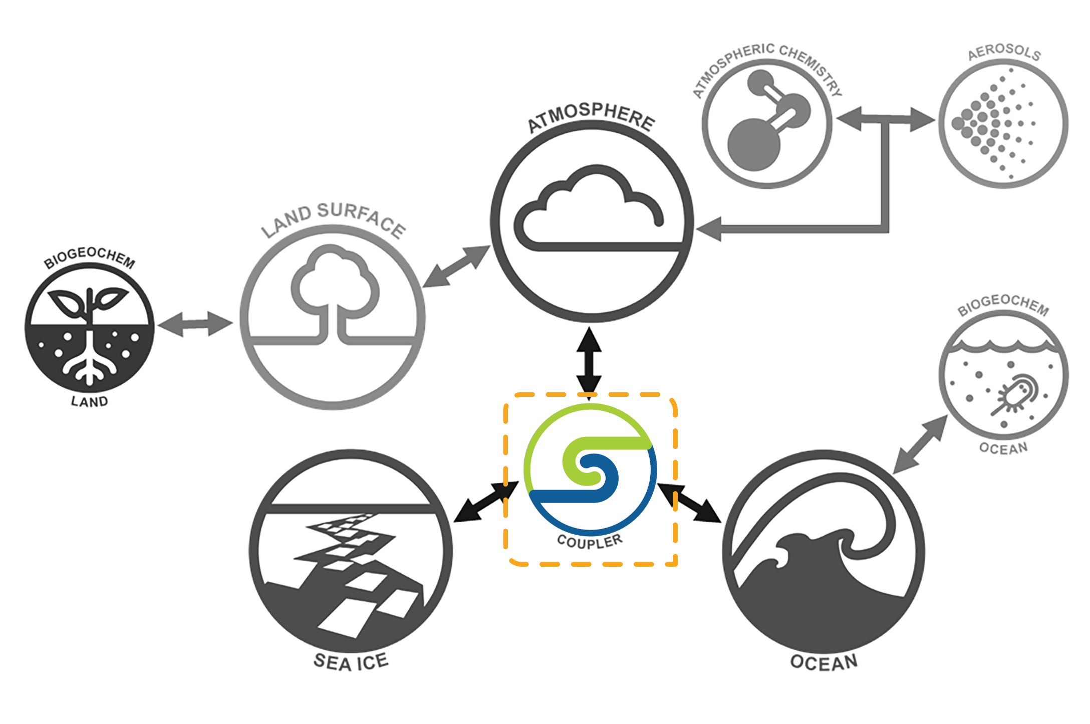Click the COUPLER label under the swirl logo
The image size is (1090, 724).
click(x=590, y=542)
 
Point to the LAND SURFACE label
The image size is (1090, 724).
click(x=334, y=217)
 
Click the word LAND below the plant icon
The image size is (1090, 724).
click(x=89, y=402)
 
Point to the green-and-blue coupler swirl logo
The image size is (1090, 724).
click(x=590, y=469)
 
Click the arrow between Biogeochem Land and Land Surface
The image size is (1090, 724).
click(x=195, y=324)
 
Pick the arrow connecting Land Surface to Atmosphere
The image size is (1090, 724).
click(x=456, y=267)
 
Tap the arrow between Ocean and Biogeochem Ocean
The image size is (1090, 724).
click(x=920, y=445)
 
